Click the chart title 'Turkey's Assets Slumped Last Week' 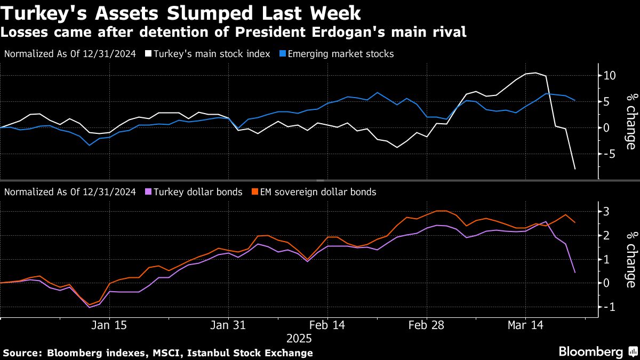click(x=181, y=12)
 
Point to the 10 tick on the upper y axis click(x=610, y=76)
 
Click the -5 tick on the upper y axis click(x=610, y=154)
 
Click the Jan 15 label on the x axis click(x=108, y=325)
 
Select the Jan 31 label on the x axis click(x=228, y=325)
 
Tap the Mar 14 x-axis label click(x=525, y=325)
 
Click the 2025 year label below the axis click(x=299, y=338)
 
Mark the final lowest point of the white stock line click(x=575, y=169)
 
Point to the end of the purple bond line click(x=575, y=273)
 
